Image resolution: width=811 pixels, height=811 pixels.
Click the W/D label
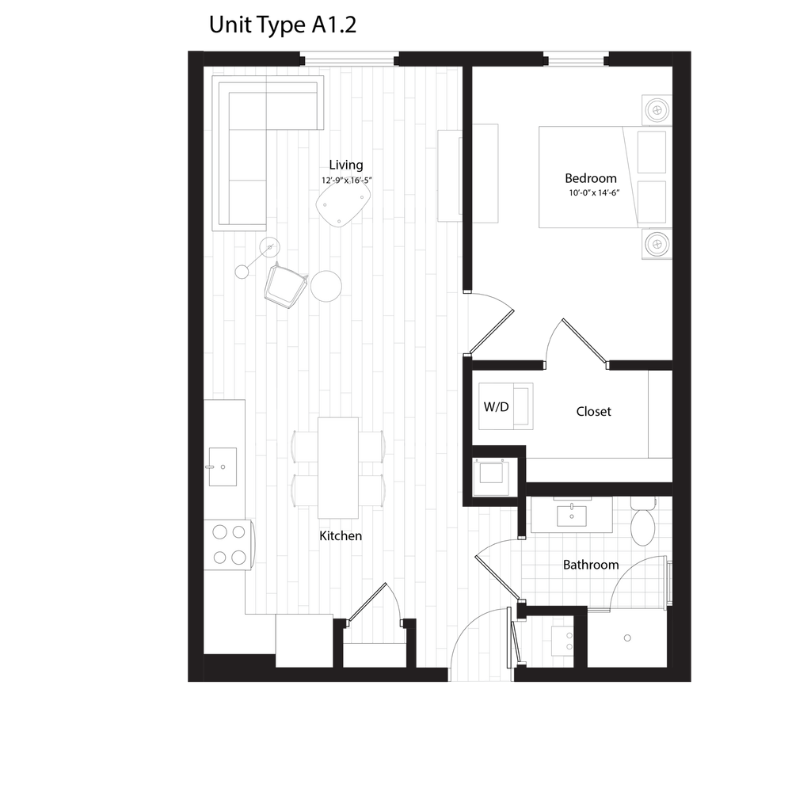pyautogui.click(x=497, y=407)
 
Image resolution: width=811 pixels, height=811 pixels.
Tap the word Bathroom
pyautogui.click(x=591, y=565)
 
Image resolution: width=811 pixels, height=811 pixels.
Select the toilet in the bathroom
pyautogui.click(x=642, y=523)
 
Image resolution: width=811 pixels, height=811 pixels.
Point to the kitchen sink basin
pyautogui.click(x=222, y=467)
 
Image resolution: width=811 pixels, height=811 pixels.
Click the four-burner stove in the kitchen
pyautogui.click(x=228, y=544)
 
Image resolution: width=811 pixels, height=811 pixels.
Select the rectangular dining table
pyautogui.click(x=338, y=467)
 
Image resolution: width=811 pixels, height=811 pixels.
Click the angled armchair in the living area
pyautogui.click(x=284, y=286)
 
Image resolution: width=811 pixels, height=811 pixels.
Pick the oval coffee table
pyautogui.click(x=344, y=201)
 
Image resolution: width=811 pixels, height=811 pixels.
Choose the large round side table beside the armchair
pyautogui.click(x=326, y=286)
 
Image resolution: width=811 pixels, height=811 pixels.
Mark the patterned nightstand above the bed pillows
pyautogui.click(x=656, y=109)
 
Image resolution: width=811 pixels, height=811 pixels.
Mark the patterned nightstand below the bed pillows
pyautogui.click(x=656, y=244)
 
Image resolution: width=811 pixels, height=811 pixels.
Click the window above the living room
pyautogui.click(x=348, y=58)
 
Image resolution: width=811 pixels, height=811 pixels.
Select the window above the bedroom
pyautogui.click(x=576, y=58)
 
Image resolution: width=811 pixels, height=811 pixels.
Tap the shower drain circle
pyautogui.click(x=627, y=638)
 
